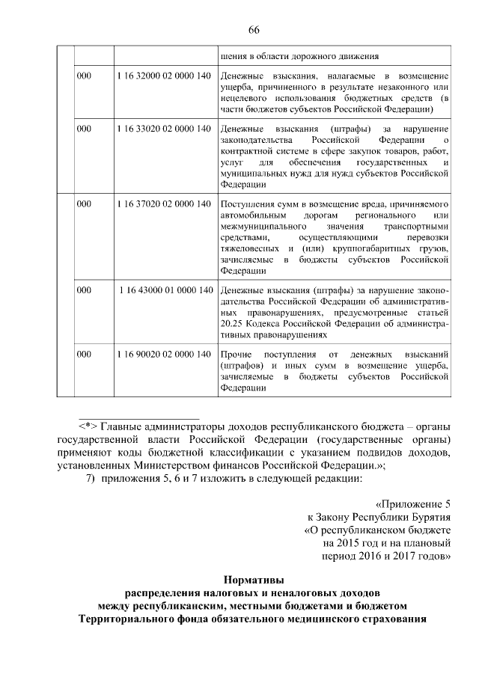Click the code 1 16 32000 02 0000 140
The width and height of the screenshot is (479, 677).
pos(164,76)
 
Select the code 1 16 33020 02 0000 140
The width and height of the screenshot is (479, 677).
pos(164,129)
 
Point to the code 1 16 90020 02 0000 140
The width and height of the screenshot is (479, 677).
pos(164,354)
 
